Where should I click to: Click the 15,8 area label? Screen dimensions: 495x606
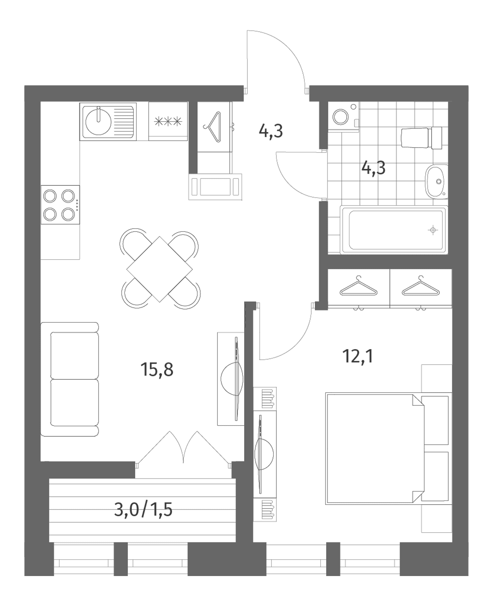[x=157, y=369]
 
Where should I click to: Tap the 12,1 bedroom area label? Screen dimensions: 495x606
[x=358, y=356]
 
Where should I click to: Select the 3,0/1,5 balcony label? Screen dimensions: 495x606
[x=143, y=510]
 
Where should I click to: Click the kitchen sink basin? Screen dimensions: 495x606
[x=98, y=122]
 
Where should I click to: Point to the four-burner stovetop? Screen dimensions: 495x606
[x=60, y=205]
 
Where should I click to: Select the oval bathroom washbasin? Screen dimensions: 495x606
[x=436, y=181]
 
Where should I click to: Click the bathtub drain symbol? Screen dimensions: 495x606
[x=433, y=230]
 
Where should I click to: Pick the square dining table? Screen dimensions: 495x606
[x=160, y=269]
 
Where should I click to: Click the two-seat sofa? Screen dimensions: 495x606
[x=70, y=379]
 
